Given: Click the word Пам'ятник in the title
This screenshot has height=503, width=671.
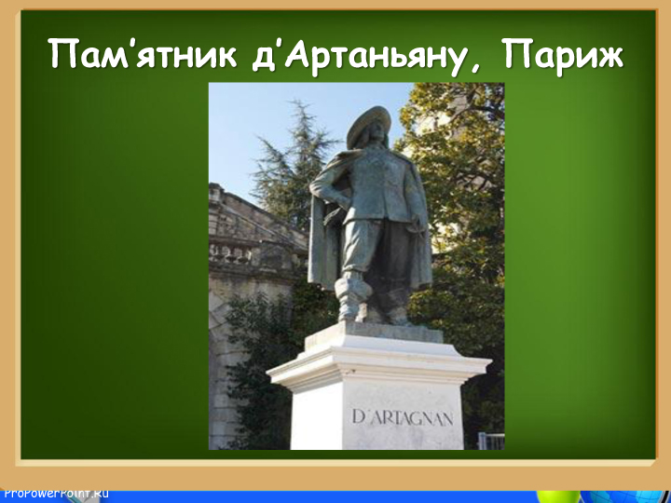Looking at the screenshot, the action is point(142,54).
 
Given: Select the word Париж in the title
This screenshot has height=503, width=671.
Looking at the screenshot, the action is point(563,54).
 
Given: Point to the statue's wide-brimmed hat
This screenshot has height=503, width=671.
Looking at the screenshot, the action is point(368,125).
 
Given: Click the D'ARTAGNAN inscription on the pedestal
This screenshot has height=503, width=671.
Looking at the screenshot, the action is point(403,416).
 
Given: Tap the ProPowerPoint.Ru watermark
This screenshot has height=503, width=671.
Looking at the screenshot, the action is point(56,493).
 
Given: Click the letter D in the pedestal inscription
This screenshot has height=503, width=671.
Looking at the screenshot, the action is point(358,416).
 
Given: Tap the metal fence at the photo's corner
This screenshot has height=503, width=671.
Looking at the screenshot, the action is point(491,441).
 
